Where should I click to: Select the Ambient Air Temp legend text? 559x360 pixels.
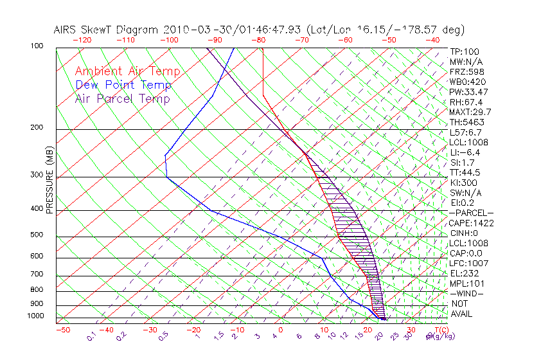(x=127, y=71)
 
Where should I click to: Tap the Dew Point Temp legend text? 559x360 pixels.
(x=123, y=85)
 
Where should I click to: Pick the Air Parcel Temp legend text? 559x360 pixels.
(x=122, y=99)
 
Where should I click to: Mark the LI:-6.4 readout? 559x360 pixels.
(x=465, y=152)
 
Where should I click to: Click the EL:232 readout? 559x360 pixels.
(x=463, y=273)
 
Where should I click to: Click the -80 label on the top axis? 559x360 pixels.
(x=259, y=40)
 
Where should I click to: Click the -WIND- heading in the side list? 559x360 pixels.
(x=466, y=293)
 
